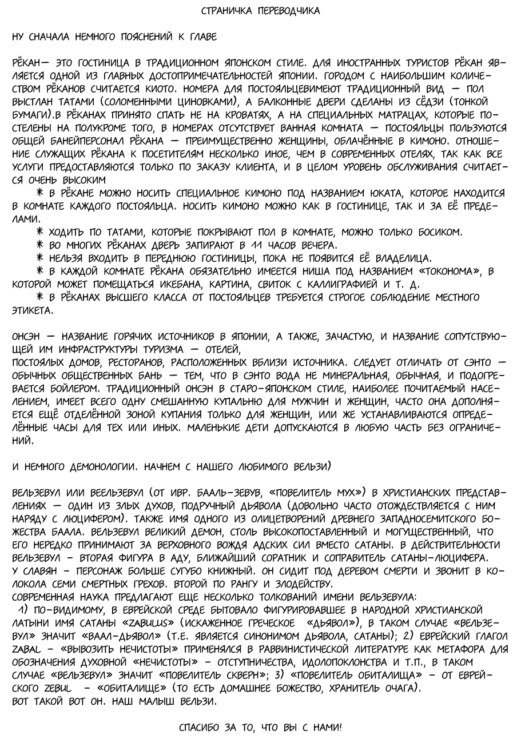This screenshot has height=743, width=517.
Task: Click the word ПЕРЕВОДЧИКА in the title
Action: (x=288, y=11)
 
